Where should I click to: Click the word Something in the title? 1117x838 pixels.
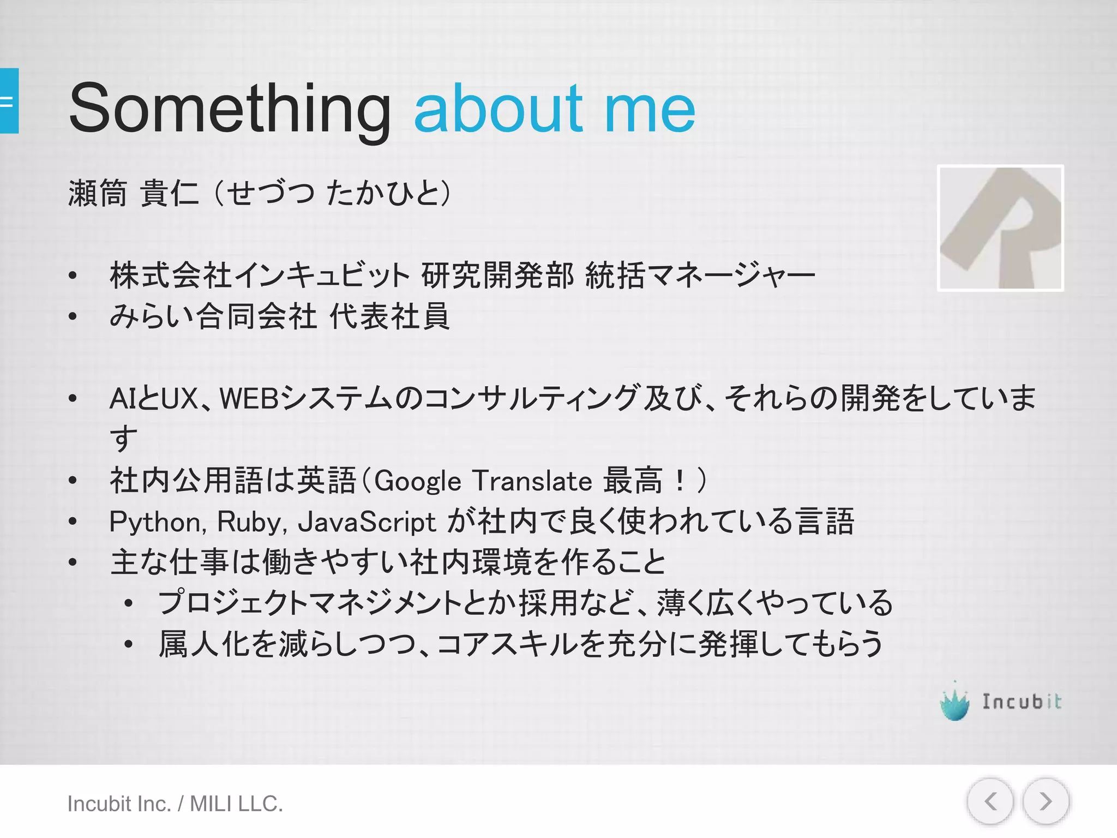[x=229, y=107]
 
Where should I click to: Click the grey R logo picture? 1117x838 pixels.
[x=1000, y=228]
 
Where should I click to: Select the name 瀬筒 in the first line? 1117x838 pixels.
[x=98, y=193]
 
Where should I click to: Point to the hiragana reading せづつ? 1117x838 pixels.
[x=270, y=193]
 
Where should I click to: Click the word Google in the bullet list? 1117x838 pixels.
[x=418, y=481]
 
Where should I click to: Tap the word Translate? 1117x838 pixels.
[x=532, y=481]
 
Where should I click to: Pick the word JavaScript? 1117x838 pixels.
[x=367, y=522]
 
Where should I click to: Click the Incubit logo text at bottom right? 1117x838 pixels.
[x=1022, y=702]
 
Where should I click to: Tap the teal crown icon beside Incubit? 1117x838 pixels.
[x=954, y=703]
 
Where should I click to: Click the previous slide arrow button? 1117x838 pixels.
[x=990, y=801]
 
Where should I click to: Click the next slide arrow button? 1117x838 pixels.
[x=1045, y=801]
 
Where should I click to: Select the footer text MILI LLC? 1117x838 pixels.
[x=236, y=804]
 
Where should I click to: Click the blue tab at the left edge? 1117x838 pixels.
[x=9, y=101]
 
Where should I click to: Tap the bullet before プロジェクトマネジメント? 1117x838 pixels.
[x=129, y=603]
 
